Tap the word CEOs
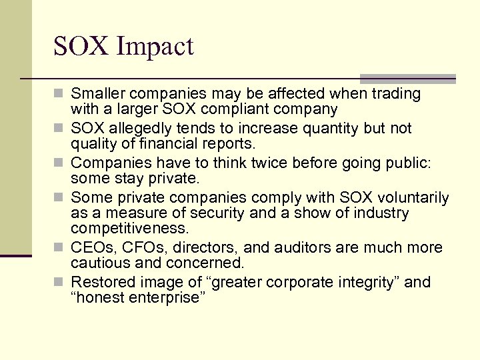click(x=91, y=248)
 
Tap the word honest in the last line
click(x=101, y=298)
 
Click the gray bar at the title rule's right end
click(x=407, y=79)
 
